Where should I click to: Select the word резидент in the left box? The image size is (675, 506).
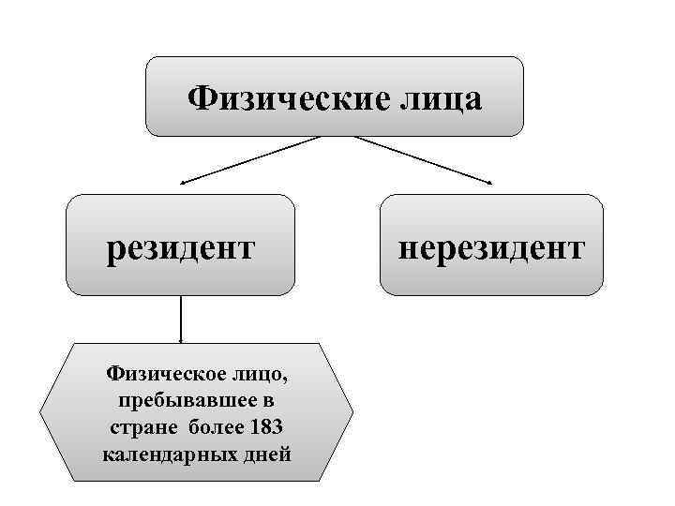pos(181,249)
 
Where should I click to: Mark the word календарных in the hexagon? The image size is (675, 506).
pos(166,456)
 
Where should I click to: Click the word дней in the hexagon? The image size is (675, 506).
pos(264,456)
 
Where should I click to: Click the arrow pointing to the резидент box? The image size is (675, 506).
pos(248,159)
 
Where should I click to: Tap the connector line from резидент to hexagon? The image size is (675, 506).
pos(180,319)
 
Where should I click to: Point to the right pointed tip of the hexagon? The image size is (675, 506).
pos(352,412)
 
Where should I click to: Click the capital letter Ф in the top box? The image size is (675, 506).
pos(200,97)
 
